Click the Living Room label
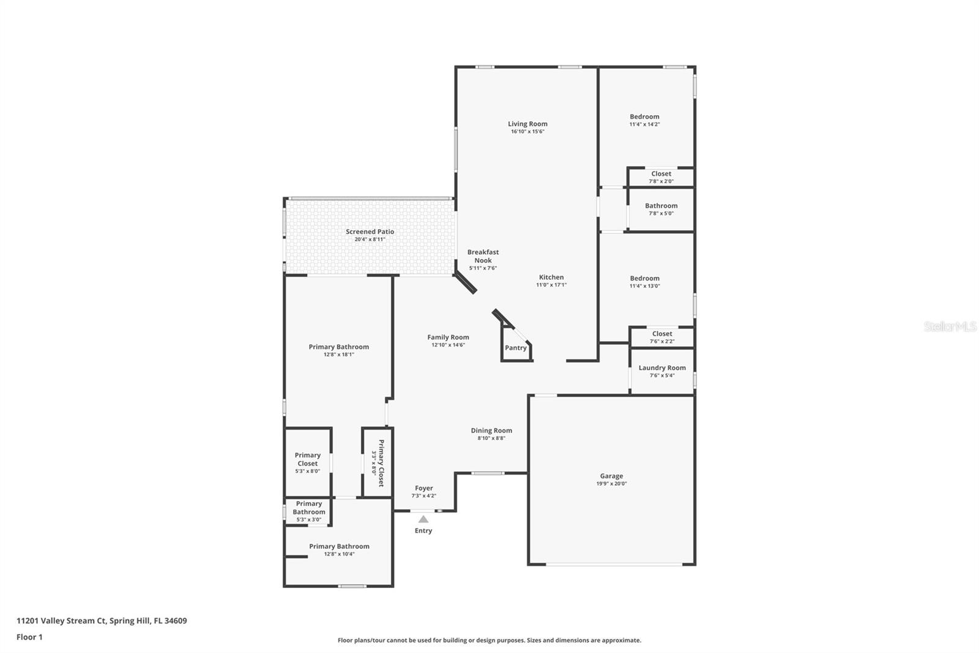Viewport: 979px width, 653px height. coord(527,124)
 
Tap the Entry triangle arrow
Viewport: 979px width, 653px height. coord(423,519)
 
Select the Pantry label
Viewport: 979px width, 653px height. coord(515,348)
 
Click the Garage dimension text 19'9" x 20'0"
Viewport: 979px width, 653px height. coord(611,484)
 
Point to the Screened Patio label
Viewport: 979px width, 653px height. coord(370,232)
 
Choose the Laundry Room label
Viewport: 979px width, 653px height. coord(662,368)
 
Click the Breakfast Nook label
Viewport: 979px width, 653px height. coord(483,256)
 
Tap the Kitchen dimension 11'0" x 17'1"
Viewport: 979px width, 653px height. coord(551,285)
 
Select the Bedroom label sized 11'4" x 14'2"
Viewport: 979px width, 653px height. coord(644,116)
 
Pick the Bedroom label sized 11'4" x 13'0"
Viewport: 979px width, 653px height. coord(644,278)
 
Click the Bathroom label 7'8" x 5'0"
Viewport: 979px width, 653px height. coord(661,206)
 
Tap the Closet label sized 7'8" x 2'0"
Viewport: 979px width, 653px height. coord(661,174)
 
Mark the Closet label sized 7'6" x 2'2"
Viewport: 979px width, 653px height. coord(661,334)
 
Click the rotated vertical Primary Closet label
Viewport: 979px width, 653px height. coord(381,463)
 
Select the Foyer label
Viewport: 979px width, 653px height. coord(423,488)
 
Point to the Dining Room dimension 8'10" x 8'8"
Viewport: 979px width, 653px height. coord(491,438)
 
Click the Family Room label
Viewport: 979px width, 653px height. coord(448,337)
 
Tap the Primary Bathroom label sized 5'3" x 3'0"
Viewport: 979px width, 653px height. coord(308,508)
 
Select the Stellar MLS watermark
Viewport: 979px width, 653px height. coord(949,326)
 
